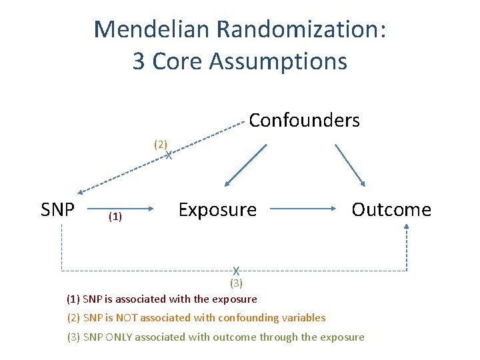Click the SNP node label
[x=57, y=210]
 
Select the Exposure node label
[x=217, y=210]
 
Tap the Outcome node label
[x=391, y=210]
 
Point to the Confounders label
[x=304, y=121]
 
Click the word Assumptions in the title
[x=278, y=61]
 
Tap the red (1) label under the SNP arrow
[x=115, y=217]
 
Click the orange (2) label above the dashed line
[x=161, y=143]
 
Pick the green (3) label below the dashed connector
[x=236, y=283]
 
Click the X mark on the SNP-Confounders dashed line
[x=169, y=155]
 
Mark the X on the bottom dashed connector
[x=236, y=271]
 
